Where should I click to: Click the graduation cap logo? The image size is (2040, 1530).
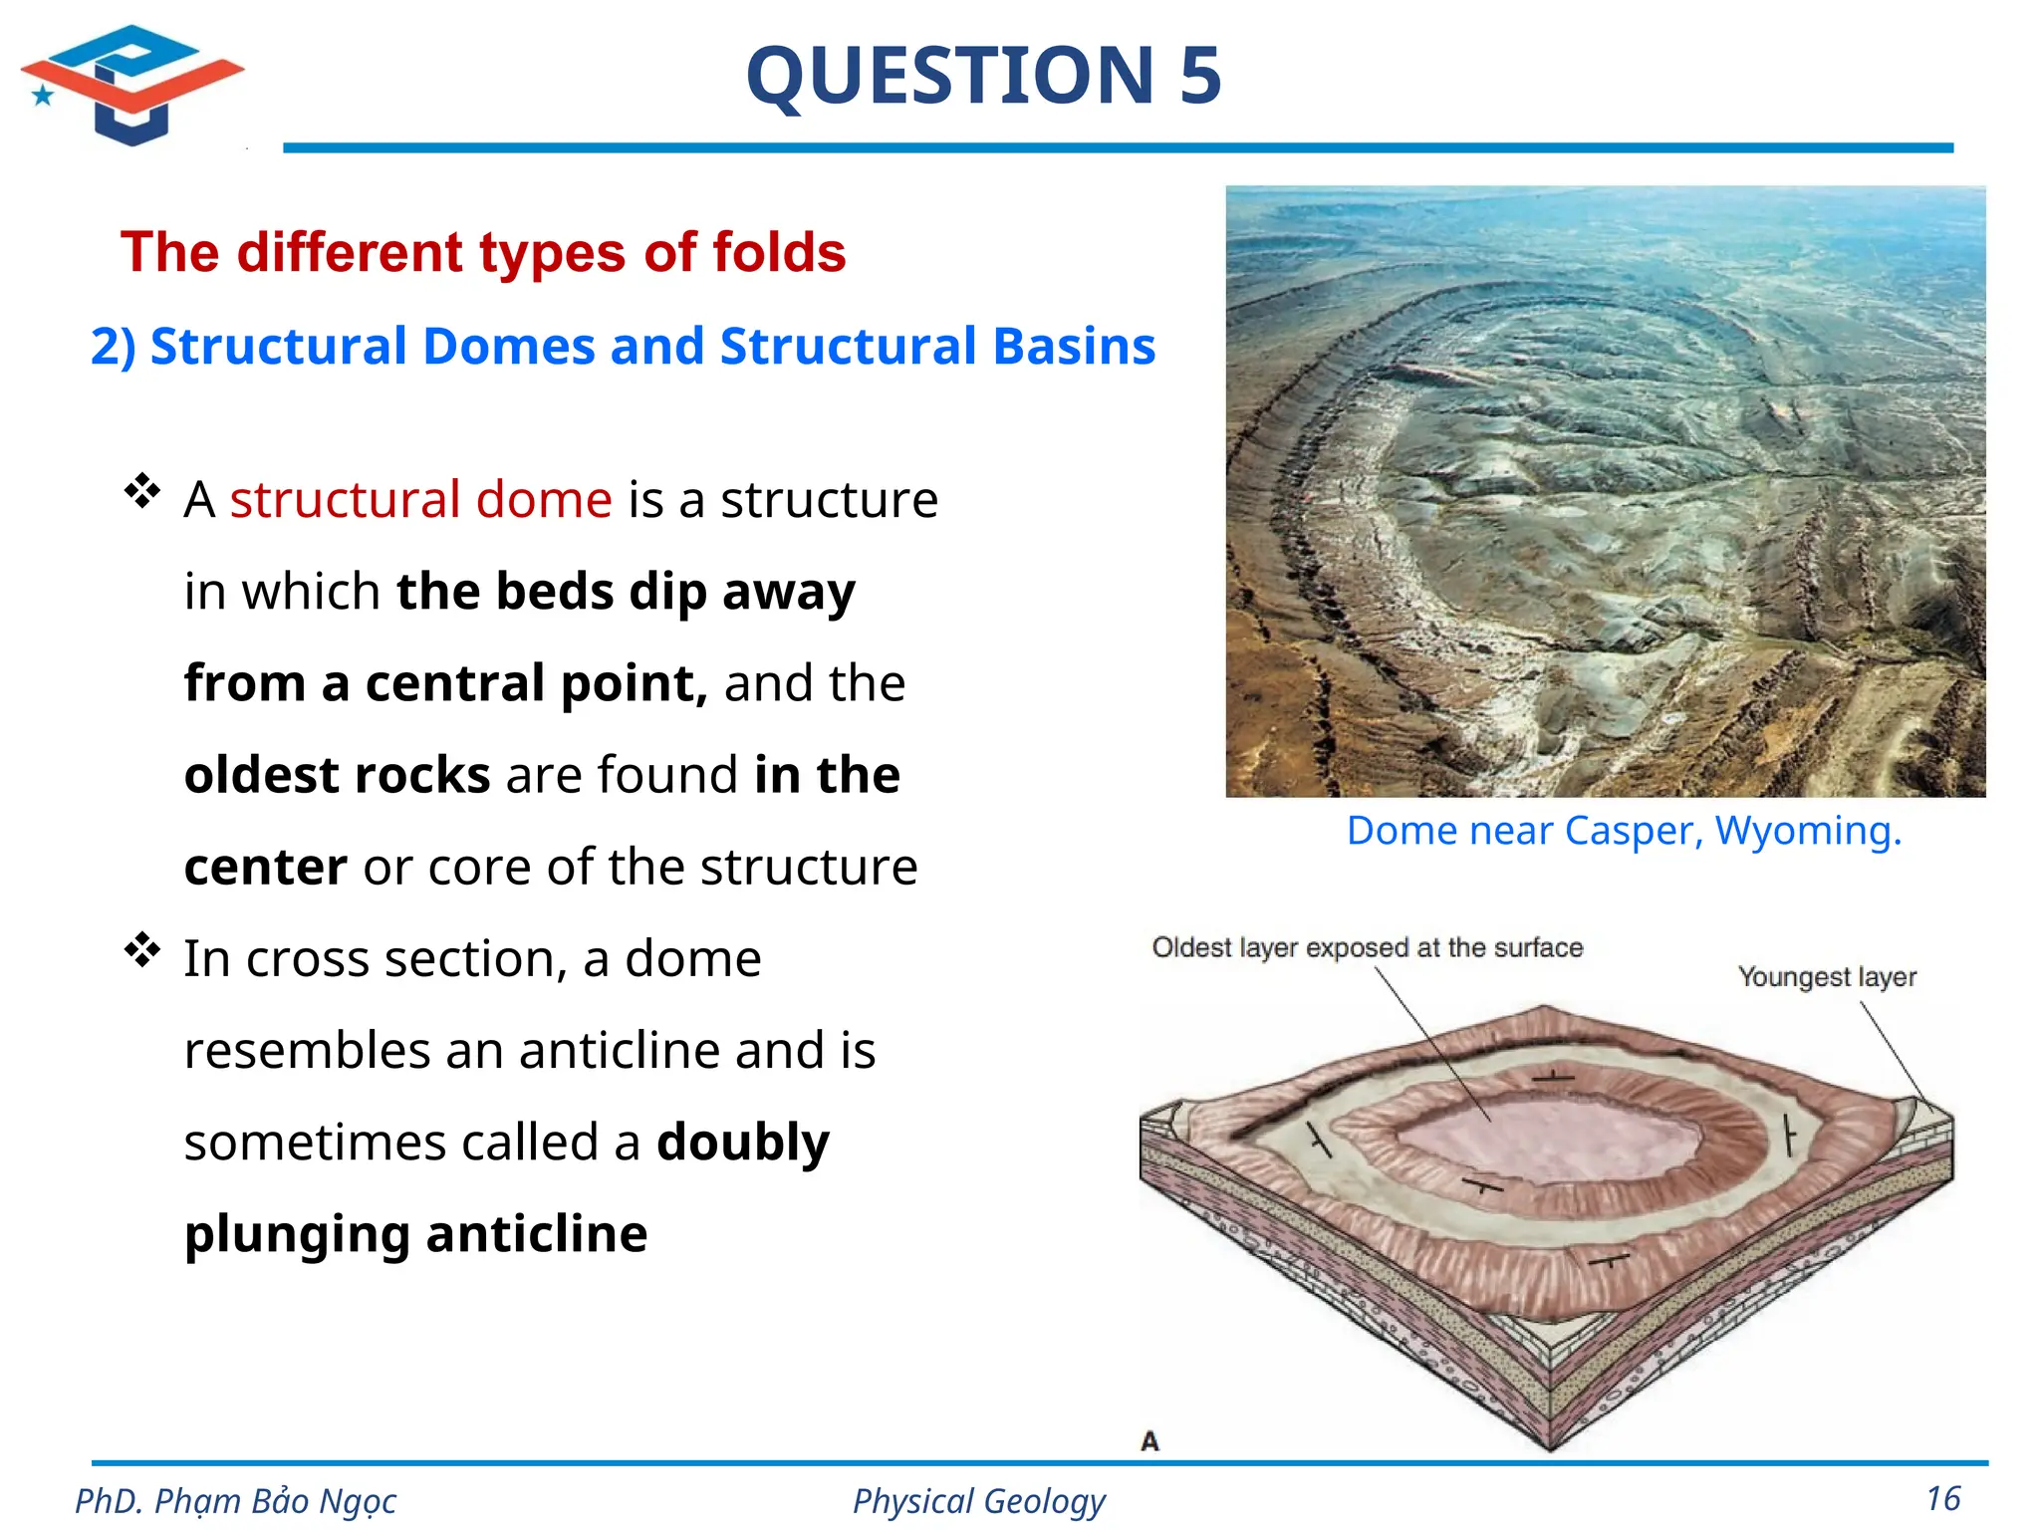click(131, 85)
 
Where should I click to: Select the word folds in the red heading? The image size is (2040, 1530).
click(779, 252)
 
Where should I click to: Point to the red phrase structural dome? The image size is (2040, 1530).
click(420, 499)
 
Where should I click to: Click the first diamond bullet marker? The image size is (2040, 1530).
click(142, 491)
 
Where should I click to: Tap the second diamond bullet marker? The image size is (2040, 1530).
click(142, 950)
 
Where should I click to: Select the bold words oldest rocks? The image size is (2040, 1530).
click(337, 775)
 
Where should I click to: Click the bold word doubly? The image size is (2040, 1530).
click(742, 1142)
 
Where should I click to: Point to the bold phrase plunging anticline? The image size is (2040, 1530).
click(415, 1234)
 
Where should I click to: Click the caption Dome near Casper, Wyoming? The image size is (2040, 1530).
click(1624, 831)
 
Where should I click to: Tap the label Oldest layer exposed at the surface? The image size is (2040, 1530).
click(1367, 947)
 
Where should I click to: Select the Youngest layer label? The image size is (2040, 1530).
click(1827, 977)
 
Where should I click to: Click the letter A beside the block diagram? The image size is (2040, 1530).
click(1149, 1441)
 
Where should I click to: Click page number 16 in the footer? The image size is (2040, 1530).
click(1942, 1499)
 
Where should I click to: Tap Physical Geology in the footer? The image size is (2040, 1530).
click(978, 1501)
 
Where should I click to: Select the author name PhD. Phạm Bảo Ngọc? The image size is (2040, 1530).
click(235, 1501)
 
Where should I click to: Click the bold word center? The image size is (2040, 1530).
click(265, 867)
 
